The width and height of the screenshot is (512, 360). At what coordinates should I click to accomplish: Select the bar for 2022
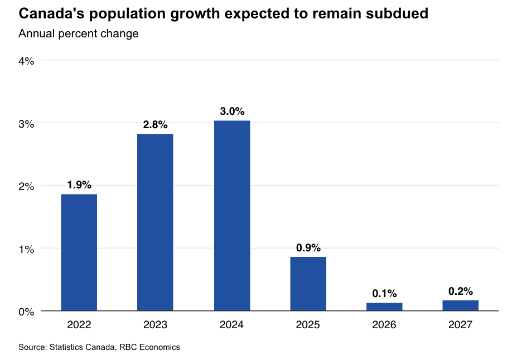coord(79,252)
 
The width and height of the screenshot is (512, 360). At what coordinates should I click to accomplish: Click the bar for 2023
coord(155,222)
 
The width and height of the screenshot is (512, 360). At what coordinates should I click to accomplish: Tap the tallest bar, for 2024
coord(231,215)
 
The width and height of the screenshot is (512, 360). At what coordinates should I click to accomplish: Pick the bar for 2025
coord(308,283)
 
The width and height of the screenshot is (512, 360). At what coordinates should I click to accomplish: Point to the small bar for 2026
coord(384,307)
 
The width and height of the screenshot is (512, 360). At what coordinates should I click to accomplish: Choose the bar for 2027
coord(460,305)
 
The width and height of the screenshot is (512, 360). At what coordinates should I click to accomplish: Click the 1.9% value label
coord(79,185)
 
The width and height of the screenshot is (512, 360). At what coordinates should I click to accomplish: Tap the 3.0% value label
coord(232,111)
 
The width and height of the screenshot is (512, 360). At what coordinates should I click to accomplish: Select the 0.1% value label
coord(384,294)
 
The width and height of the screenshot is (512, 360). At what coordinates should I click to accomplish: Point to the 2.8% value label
coord(155,125)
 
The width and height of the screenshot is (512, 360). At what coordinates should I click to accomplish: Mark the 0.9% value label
coord(308,248)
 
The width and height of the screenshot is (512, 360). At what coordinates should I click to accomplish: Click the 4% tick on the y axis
coord(27,61)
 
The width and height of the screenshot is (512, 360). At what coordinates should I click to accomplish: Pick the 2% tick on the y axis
coord(27,186)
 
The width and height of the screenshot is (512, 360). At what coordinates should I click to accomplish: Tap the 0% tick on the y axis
coord(27,312)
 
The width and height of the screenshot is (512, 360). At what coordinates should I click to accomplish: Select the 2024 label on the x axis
coord(231,324)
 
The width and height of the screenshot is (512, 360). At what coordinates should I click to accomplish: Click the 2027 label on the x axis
coord(460,324)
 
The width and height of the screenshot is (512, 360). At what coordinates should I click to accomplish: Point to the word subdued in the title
coord(394,14)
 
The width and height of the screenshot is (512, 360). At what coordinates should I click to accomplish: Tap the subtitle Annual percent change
coord(78,33)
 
